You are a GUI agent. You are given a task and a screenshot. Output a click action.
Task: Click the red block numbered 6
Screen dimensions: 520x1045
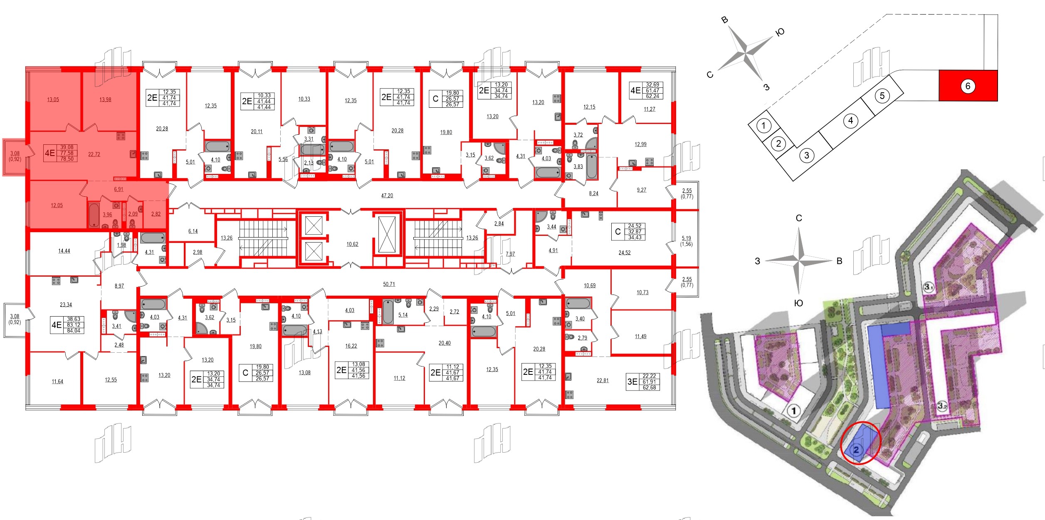point(968,86)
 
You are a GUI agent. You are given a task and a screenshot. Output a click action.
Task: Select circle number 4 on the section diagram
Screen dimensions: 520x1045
point(850,121)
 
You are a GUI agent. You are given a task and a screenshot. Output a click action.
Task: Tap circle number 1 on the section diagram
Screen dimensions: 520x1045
point(763,125)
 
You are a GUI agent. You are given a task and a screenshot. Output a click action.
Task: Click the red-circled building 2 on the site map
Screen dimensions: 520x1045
point(857,450)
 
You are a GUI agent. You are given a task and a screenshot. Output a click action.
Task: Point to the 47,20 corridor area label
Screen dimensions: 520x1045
point(387,196)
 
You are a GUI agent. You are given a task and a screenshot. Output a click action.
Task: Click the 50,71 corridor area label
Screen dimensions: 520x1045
point(389,284)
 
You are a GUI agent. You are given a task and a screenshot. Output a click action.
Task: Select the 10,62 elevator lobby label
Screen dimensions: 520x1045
point(352,244)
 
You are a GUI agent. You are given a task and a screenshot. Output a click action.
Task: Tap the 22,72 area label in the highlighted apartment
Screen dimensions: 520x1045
point(94,154)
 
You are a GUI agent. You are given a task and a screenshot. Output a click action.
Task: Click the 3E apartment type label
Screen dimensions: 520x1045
point(632,381)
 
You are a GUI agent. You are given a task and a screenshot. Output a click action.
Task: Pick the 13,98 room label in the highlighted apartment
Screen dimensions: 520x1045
point(105,99)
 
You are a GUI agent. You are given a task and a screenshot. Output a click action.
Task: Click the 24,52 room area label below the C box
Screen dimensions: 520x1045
point(624,253)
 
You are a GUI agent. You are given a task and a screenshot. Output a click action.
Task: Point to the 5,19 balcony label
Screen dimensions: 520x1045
point(686,238)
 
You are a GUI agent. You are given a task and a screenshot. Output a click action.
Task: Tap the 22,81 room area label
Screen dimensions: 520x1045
point(602,380)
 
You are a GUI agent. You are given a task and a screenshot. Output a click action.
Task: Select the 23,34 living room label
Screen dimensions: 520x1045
point(66,305)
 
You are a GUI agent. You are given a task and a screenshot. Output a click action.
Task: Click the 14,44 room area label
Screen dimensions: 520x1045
point(64,251)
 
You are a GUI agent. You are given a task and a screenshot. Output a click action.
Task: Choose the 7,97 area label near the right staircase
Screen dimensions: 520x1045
point(510,254)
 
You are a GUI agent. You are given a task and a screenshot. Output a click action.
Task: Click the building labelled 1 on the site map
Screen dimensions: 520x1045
point(794,411)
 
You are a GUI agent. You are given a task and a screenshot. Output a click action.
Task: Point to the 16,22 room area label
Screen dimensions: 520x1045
point(351,346)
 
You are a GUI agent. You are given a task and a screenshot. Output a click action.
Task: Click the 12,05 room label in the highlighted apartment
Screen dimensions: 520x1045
point(57,205)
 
